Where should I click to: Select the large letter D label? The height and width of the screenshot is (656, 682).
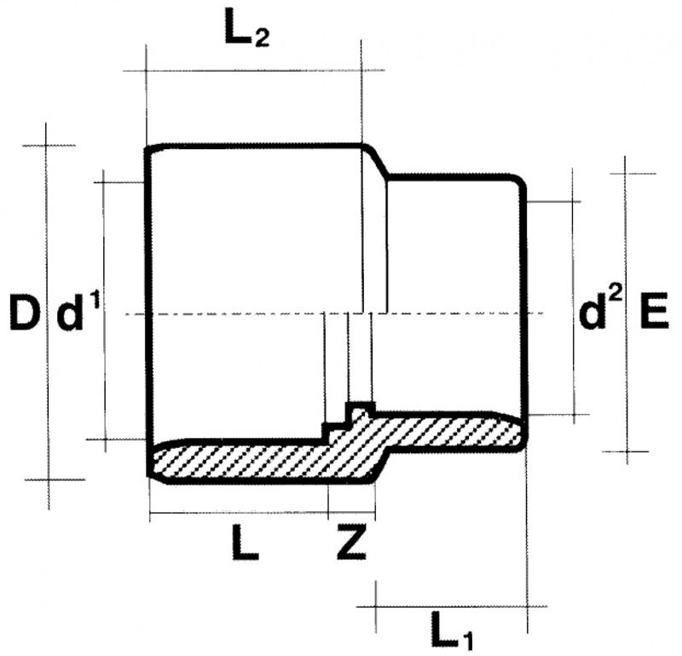[x=23, y=314]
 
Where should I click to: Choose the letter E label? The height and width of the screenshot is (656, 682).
[x=652, y=314]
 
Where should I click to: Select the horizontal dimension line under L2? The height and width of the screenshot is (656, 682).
[x=256, y=71]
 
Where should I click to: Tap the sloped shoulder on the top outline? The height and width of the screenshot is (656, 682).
[x=378, y=162]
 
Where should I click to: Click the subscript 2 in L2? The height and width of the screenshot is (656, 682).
[x=261, y=39]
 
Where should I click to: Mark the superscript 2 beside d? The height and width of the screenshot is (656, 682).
[x=616, y=297]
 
